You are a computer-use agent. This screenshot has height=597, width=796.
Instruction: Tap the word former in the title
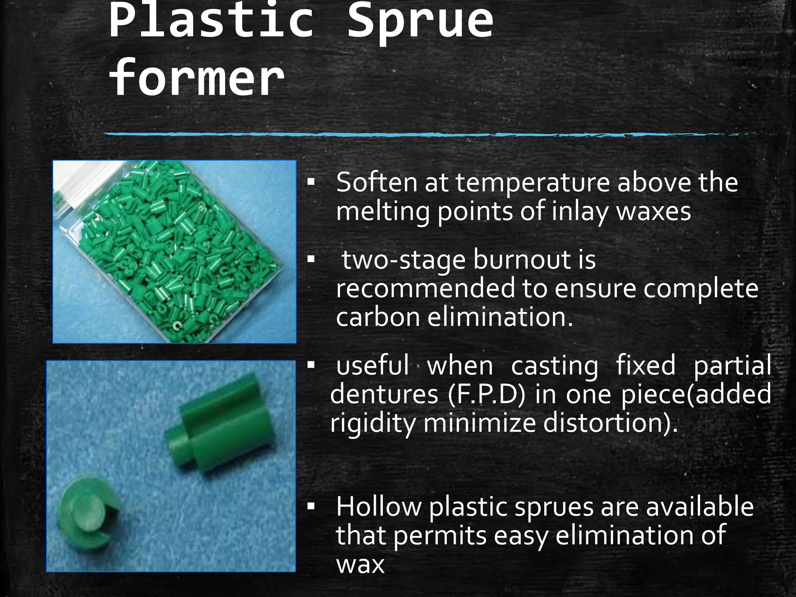197,78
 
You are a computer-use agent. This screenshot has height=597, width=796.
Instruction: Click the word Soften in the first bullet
376,182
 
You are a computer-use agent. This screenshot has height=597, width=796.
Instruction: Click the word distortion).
611,422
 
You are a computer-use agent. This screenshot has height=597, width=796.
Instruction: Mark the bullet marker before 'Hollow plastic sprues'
311,506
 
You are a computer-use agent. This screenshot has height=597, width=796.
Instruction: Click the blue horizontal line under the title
428,134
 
